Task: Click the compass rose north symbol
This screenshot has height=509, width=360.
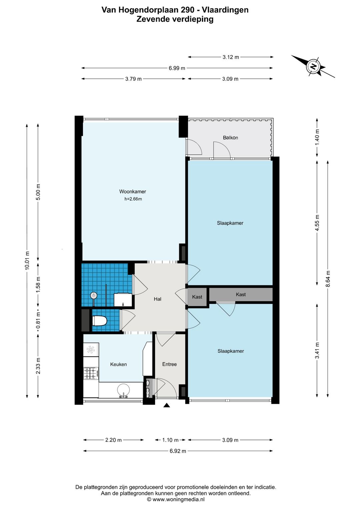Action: (313, 66)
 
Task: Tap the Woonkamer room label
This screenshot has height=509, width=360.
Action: (133, 191)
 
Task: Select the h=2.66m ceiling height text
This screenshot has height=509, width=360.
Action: (133, 199)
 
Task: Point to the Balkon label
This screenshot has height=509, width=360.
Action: (230, 137)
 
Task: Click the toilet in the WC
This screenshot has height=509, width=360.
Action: (99, 321)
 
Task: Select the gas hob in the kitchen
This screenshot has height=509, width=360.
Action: (91, 373)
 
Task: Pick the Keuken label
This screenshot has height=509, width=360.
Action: (118, 364)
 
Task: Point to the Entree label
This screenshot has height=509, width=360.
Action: (169, 364)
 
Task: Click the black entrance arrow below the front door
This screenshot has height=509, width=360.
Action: (167, 405)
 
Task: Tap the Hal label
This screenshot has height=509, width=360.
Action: (157, 299)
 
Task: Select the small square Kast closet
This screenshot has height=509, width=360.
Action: (197, 297)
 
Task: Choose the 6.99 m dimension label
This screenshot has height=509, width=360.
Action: (177, 68)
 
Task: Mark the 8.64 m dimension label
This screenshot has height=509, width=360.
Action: (328, 279)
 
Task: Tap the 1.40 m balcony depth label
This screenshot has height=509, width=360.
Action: (317, 137)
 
